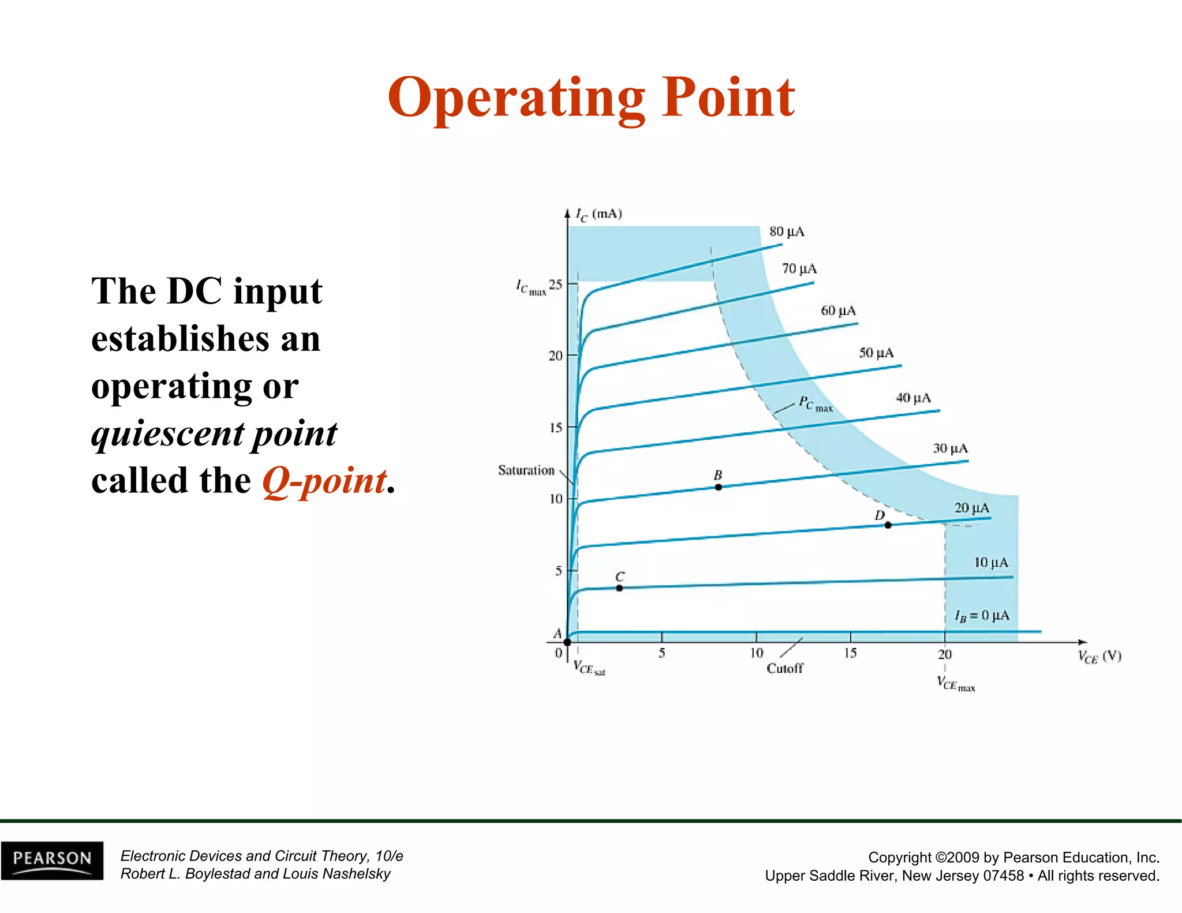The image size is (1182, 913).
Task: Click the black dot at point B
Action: tap(718, 487)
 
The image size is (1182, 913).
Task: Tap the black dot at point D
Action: tap(888, 525)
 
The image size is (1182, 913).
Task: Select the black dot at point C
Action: tap(619, 588)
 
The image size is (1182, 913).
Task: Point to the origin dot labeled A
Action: tap(567, 642)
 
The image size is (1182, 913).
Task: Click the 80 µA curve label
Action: tap(786, 232)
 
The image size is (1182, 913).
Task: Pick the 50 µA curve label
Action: tap(876, 353)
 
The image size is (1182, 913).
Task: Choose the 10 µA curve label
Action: tap(991, 562)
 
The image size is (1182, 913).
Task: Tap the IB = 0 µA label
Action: tap(982, 616)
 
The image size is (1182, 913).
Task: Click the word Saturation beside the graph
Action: tap(526, 470)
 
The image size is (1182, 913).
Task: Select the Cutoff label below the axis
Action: tap(784, 668)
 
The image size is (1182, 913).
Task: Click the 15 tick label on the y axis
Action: tap(555, 428)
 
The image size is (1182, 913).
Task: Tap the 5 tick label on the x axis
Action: tap(661, 653)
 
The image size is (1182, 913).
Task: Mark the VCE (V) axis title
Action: tap(1099, 657)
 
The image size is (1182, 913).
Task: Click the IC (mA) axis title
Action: tap(599, 215)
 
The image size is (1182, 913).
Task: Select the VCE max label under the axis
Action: tap(955, 684)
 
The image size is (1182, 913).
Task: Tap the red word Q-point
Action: tap(324, 481)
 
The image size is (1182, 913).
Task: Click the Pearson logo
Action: tap(52, 860)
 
